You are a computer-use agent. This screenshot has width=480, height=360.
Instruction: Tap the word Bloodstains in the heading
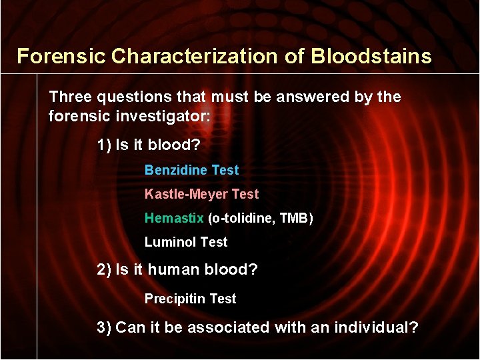[x=371, y=56]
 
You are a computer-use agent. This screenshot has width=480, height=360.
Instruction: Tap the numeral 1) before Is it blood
[x=104, y=145]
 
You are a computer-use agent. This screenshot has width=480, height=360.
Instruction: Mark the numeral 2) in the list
[x=104, y=269]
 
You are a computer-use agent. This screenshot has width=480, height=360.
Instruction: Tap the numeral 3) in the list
[x=104, y=327]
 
